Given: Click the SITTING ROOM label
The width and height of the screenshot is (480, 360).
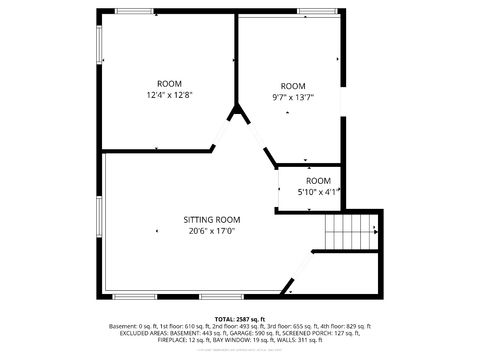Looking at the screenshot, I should click(211, 219).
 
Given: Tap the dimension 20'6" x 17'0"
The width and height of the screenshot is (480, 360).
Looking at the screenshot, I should click(211, 230).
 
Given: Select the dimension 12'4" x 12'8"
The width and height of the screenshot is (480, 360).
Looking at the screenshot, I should click(169, 95).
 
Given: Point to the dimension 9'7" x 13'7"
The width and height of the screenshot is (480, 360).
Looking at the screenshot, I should click(293, 97).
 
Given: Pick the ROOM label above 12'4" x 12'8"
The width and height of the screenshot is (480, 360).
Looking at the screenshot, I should click(169, 83).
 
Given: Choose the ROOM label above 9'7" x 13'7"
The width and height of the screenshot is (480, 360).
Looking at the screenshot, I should click(293, 86).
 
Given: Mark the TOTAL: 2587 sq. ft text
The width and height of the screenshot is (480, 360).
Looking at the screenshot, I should click(240, 318).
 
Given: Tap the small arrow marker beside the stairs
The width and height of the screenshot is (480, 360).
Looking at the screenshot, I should click(375, 231).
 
